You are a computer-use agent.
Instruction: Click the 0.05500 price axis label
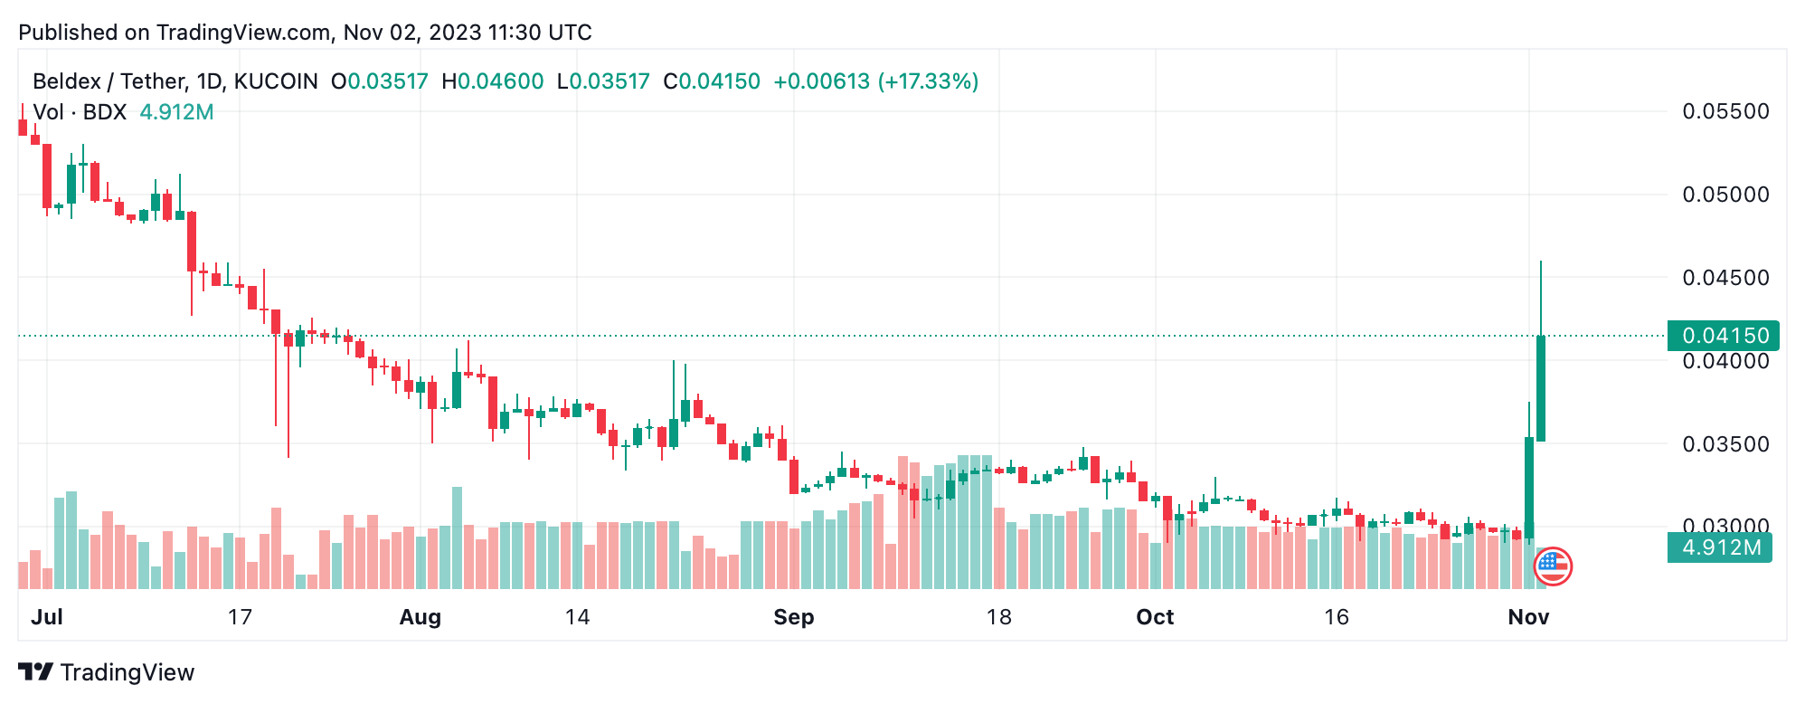[1725, 111]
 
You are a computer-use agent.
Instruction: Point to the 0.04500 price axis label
[1725, 278]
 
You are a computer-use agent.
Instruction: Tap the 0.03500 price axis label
[1725, 444]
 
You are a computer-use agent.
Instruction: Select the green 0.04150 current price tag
[1724, 336]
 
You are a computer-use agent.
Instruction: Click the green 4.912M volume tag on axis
[1720, 547]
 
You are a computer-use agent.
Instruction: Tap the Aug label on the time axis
[421, 617]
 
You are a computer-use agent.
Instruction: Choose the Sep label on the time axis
[794, 617]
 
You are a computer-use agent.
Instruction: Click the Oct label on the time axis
[1155, 617]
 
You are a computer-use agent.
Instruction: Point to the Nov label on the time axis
[1528, 617]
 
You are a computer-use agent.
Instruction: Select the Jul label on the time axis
[47, 617]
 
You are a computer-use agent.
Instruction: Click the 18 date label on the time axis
[998, 617]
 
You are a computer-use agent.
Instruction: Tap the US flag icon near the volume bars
[1553, 566]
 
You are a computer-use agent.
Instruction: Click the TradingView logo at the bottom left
[107, 672]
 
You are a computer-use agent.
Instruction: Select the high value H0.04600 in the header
[493, 81]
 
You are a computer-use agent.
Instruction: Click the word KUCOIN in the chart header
[276, 81]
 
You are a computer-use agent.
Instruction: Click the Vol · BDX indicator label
[80, 112]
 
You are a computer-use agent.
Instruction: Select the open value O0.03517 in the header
[380, 81]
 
